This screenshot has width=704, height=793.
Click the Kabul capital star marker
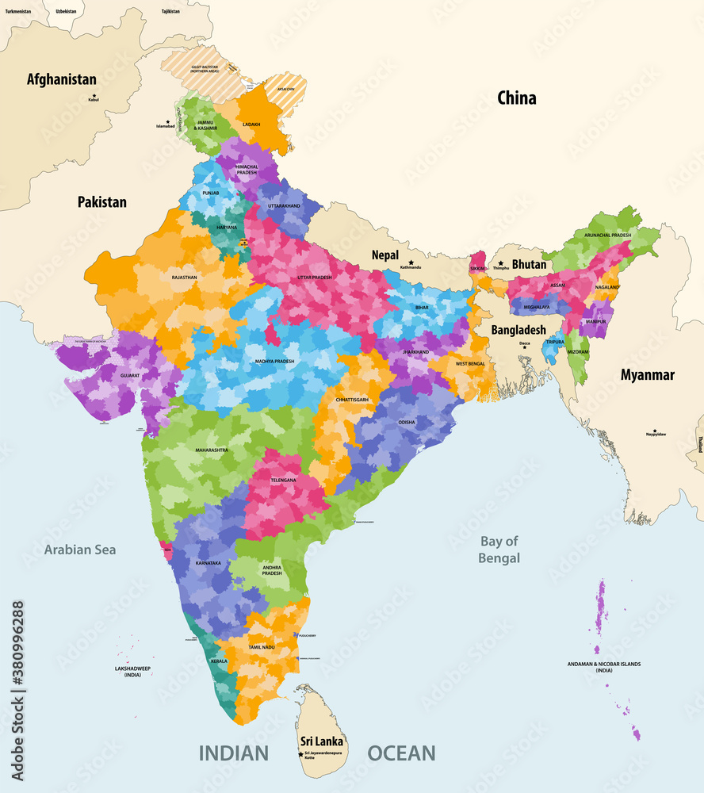(94, 95)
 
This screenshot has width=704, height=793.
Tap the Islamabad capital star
(167, 121)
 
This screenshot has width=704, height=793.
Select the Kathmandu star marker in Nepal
(411, 262)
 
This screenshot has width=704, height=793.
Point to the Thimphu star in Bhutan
(500, 263)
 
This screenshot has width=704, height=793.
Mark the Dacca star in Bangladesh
(524, 347)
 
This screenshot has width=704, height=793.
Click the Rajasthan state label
(184, 278)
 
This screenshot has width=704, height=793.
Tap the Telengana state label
(283, 481)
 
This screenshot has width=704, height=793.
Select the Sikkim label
(477, 269)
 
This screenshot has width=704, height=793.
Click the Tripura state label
(555, 343)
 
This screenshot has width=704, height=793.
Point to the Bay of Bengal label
(499, 550)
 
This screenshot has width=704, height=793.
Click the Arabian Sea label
(80, 550)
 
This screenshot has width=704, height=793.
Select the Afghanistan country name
(62, 79)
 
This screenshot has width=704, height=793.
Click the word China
(516, 98)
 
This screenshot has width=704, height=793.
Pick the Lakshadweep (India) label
(132, 672)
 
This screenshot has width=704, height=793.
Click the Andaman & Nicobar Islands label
(604, 667)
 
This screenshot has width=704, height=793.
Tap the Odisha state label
(406, 423)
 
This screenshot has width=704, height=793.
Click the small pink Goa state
(167, 548)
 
